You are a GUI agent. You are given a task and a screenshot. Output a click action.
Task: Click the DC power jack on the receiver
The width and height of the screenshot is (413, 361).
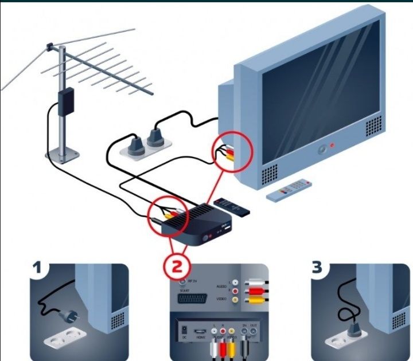tap(184, 332)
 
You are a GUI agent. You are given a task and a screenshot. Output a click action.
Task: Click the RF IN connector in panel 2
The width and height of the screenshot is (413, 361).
tap(182, 281)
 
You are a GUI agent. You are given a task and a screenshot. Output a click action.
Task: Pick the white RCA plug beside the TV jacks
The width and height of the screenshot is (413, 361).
tap(252, 282)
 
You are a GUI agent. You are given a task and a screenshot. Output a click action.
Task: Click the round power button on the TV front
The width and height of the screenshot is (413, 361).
tap(322, 150)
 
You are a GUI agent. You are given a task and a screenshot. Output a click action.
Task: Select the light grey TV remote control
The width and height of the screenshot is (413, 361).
tap(289, 189)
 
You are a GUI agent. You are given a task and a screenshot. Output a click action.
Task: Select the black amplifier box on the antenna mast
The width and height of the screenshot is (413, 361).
tap(65, 101)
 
